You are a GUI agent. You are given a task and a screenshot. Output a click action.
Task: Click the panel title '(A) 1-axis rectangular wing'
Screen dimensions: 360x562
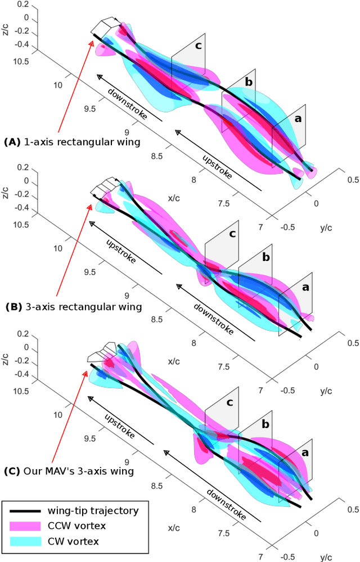pos(73,142)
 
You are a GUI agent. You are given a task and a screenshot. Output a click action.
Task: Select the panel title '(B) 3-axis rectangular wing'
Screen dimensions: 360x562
pos(73,307)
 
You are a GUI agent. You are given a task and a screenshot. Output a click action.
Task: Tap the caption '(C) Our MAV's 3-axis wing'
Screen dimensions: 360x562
pos(69,471)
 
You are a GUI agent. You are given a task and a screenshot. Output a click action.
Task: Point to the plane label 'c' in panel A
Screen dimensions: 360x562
pos(198,45)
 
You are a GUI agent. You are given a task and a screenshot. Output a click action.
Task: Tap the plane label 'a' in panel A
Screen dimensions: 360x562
pos(298,119)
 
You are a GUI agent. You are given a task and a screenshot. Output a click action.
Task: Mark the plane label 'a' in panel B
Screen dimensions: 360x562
pos(306,287)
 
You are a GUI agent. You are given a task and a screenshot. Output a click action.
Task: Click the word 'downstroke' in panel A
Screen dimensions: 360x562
pos(128,104)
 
